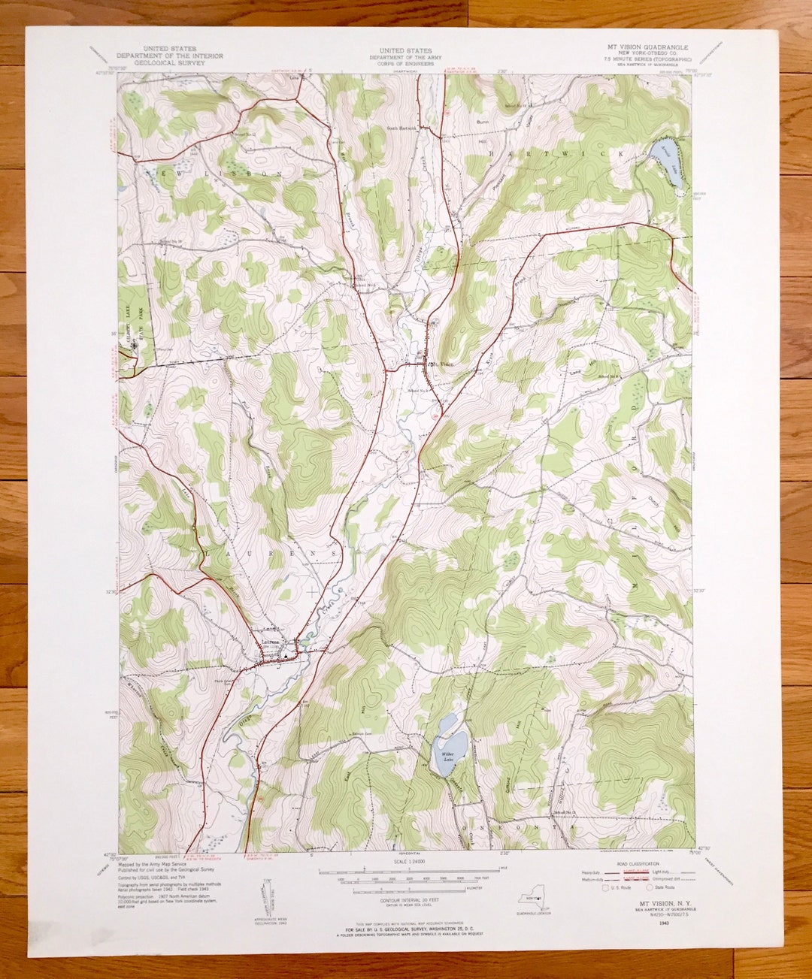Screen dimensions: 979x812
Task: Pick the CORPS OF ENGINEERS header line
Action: pos(405,64)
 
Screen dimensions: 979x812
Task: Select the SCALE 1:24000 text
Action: pos(408,863)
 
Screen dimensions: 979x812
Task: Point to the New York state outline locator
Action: pos(532,901)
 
